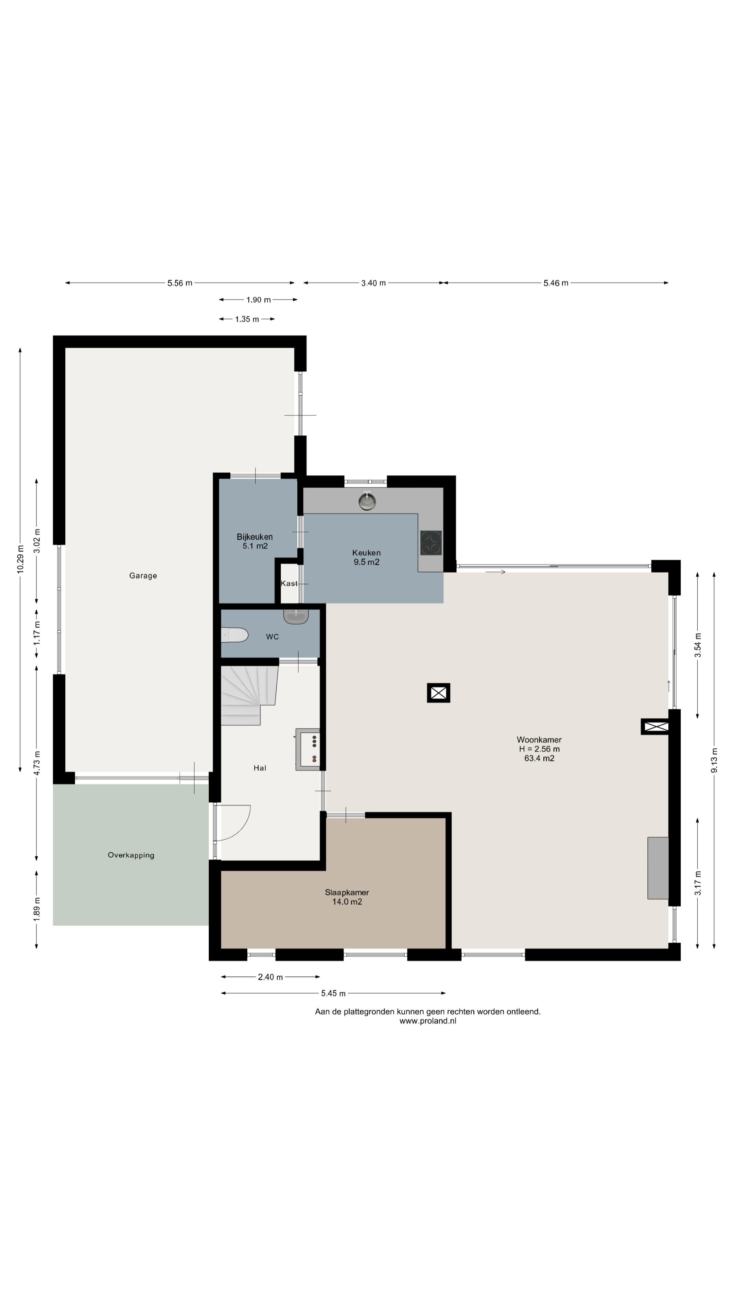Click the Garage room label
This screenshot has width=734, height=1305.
tap(143, 575)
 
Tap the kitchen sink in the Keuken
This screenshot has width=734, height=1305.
tap(367, 502)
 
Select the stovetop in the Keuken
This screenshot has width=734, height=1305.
tap(431, 543)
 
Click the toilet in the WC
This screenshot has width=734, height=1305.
tap(234, 635)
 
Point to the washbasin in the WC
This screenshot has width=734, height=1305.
tap(296, 616)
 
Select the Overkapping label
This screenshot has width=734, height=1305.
tap(131, 855)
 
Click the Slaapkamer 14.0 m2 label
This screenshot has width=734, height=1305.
tap(347, 897)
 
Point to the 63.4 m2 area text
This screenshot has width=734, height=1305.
tap(540, 759)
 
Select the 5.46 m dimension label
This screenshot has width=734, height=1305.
tap(556, 283)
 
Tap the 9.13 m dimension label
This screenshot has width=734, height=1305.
tap(714, 761)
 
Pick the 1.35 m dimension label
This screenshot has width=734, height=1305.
tap(247, 319)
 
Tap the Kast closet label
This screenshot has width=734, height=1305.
tap(289, 584)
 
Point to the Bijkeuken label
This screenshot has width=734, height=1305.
tap(255, 537)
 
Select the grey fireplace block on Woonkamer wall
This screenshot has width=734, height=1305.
tap(658, 868)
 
